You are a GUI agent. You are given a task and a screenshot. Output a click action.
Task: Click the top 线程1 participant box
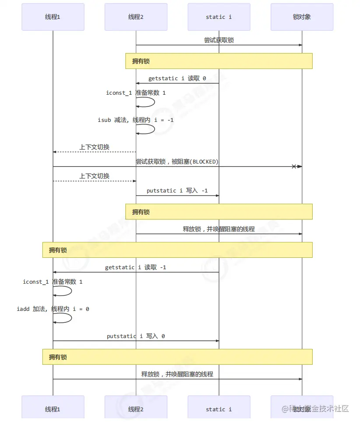tap(53, 17)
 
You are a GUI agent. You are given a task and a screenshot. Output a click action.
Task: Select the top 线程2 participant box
tap(136, 17)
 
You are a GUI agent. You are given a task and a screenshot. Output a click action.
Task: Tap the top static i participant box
tap(219, 17)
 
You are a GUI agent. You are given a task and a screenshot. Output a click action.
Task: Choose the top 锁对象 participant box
tap(302, 17)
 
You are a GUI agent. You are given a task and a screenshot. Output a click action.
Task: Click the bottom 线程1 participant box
tap(53, 409)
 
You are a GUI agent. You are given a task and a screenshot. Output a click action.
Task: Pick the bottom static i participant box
tap(219, 409)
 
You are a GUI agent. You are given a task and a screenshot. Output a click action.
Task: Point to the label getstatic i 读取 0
tap(177, 78)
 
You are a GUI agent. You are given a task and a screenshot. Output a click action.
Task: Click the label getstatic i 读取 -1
tap(136, 267)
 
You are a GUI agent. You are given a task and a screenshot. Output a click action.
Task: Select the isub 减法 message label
tap(136, 120)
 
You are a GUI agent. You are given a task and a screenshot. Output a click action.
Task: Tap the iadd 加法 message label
tap(53, 309)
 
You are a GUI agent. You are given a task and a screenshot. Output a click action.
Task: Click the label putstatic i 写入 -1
tap(177, 191)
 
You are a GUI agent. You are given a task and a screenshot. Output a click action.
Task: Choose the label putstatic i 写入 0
tap(136, 336)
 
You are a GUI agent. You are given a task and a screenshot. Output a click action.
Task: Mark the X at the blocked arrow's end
tap(294, 166)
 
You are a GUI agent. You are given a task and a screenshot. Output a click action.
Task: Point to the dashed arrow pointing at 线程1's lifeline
tap(94, 152)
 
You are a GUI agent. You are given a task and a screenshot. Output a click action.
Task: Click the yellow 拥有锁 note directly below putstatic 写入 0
tap(177, 357)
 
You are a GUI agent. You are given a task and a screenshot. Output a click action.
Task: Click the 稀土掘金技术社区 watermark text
tap(315, 409)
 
